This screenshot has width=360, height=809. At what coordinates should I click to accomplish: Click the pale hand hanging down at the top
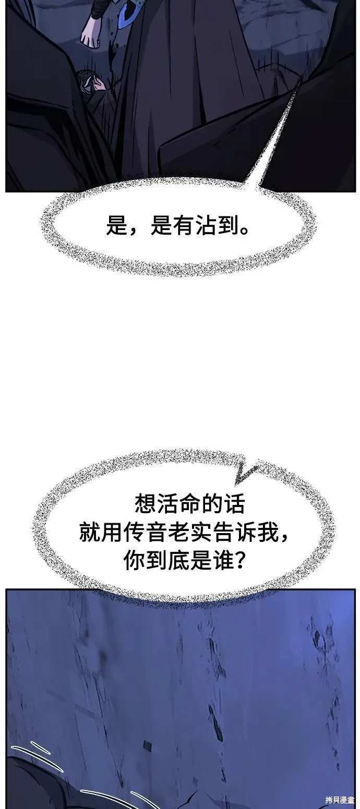tap(90, 32)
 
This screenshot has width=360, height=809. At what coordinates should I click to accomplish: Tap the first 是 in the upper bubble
tap(117, 226)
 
